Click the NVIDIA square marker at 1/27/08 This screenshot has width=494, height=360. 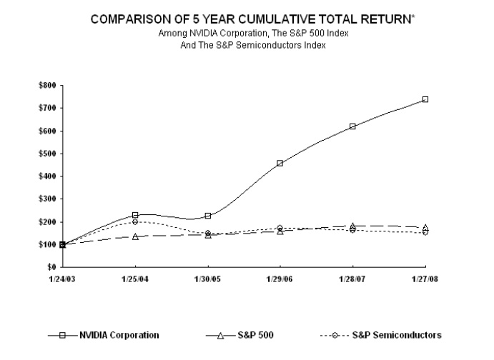pyautogui.click(x=425, y=99)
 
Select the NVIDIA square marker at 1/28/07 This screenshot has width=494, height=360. pyautogui.click(x=353, y=126)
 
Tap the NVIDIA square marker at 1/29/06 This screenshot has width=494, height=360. pyautogui.click(x=280, y=163)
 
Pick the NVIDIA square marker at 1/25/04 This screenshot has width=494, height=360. pyautogui.click(x=135, y=215)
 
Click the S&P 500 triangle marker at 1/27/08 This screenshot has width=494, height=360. pyautogui.click(x=425, y=227)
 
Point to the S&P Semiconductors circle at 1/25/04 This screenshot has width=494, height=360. pyautogui.click(x=135, y=221)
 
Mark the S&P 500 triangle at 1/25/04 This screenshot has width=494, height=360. pyautogui.click(x=135, y=236)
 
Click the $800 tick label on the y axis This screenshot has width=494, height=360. pyautogui.click(x=47, y=85)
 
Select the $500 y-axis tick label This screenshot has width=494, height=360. pyautogui.click(x=47, y=154)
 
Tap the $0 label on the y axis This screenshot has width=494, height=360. pyautogui.click(x=51, y=267)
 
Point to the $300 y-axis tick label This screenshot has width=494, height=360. pyautogui.click(x=47, y=199)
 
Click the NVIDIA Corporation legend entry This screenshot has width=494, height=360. pyautogui.click(x=119, y=335)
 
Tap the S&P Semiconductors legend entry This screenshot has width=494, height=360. pyautogui.click(x=396, y=335)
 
